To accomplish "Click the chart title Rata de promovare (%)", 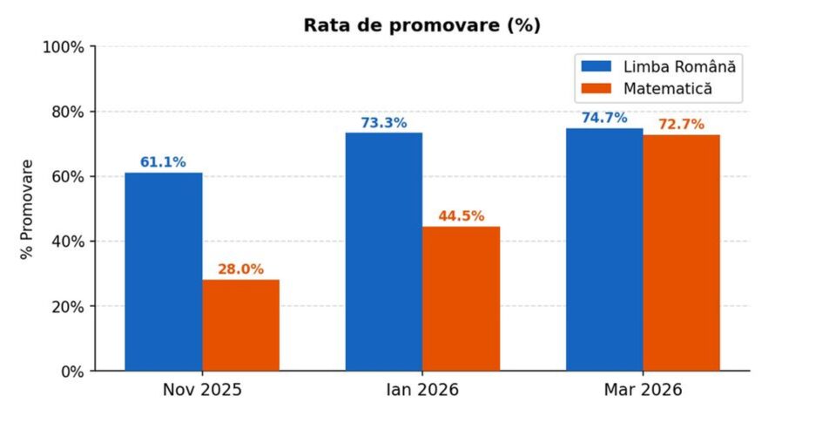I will (x=421, y=25).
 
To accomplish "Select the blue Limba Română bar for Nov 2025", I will (x=163, y=271).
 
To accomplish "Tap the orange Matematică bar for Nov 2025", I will (x=240, y=325).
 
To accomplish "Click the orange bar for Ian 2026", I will (x=461, y=298).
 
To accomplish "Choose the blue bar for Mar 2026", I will (x=604, y=249).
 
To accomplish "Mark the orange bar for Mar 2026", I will (x=681, y=253).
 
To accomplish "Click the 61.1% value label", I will (x=163, y=161).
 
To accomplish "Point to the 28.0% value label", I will (x=240, y=270).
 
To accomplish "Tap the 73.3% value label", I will (x=384, y=122).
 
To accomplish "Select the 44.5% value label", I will (x=461, y=216).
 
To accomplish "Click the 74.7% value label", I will (x=604, y=118).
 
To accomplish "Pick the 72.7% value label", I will (x=681, y=125).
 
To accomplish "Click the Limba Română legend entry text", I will (x=679, y=66).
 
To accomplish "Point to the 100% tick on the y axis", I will (x=63, y=47).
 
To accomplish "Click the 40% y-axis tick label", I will (x=66, y=242).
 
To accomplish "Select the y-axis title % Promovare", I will (x=27, y=208).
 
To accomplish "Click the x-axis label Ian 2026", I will (x=421, y=390).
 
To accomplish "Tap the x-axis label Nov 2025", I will (x=202, y=390).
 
